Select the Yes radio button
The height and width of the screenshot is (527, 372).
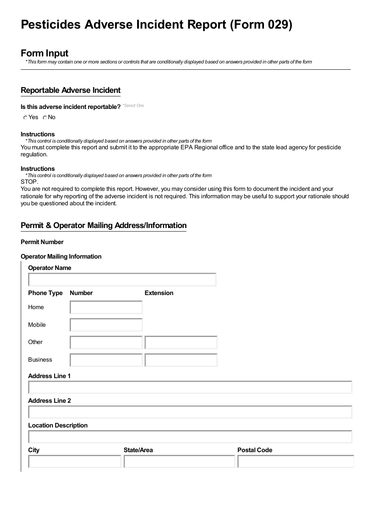(25, 118)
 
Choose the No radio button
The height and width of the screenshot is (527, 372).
(45, 118)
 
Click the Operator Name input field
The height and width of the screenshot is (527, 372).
(122, 280)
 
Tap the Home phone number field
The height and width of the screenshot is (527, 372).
(106, 308)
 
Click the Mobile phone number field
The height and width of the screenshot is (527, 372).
(106, 325)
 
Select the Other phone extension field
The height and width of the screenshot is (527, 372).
(181, 343)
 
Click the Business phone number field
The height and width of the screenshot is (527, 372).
(106, 360)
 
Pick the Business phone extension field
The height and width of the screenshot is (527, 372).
(181, 360)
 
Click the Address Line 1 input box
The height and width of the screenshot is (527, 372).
(190, 388)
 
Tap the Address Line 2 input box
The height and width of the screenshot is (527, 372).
(190, 412)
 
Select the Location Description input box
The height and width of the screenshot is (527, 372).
(190, 437)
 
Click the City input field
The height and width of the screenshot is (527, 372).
(75, 462)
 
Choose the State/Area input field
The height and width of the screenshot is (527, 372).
(179, 462)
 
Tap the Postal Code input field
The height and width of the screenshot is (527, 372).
(295, 462)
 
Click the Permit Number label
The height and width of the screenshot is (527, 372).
(42, 242)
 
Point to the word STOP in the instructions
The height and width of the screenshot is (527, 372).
(29, 182)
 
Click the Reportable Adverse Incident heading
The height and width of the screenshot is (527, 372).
(70, 91)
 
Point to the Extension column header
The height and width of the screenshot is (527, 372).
(159, 293)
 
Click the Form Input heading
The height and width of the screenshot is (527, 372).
(44, 53)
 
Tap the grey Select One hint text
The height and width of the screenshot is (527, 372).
(134, 106)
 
